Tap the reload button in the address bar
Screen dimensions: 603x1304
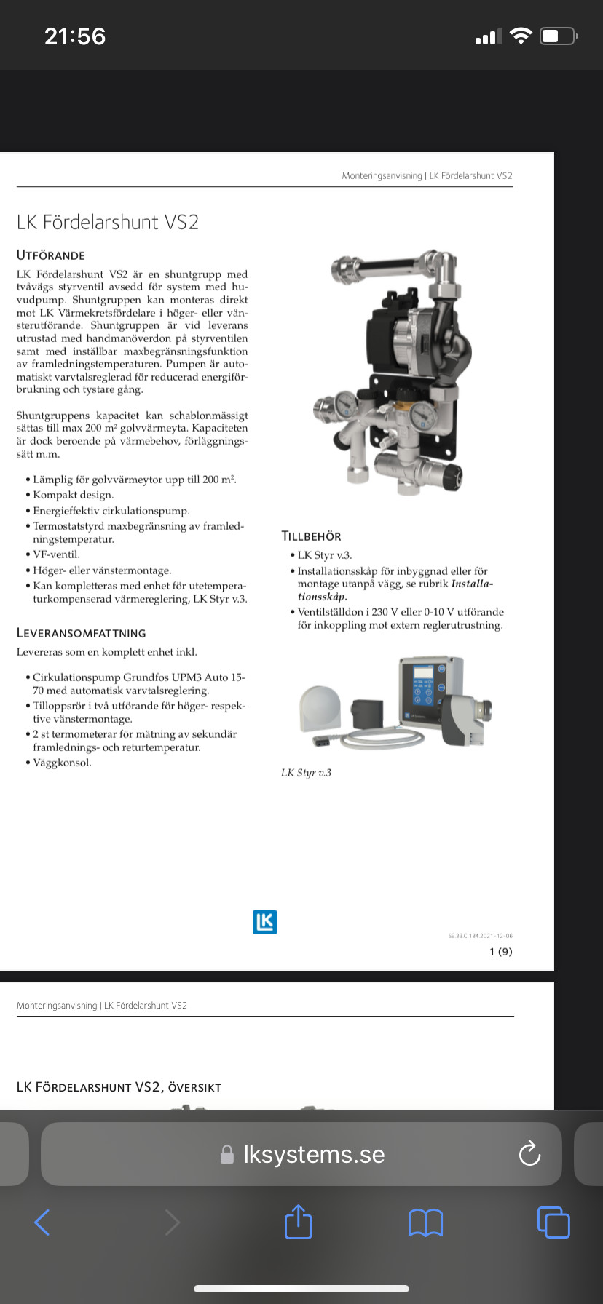(x=529, y=1153)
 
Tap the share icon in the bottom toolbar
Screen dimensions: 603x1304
(x=298, y=1222)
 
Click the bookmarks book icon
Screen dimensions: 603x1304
(x=425, y=1223)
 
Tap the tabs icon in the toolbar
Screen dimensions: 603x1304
(x=553, y=1222)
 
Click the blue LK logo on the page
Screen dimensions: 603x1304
(x=264, y=922)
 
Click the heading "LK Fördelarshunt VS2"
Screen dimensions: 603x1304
(x=108, y=222)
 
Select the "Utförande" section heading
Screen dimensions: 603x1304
(x=51, y=255)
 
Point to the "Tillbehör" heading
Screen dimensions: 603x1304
(x=311, y=536)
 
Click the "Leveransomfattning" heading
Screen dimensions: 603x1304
(x=82, y=633)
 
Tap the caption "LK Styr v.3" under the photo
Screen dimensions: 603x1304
(x=306, y=773)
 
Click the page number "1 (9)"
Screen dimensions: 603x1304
(x=501, y=952)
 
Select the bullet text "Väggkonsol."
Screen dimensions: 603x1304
(x=63, y=763)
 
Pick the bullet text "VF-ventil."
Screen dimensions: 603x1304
(x=56, y=554)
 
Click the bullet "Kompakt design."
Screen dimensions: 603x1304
(x=74, y=495)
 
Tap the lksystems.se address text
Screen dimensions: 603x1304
(x=314, y=1154)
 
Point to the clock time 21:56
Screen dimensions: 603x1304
(x=75, y=36)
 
